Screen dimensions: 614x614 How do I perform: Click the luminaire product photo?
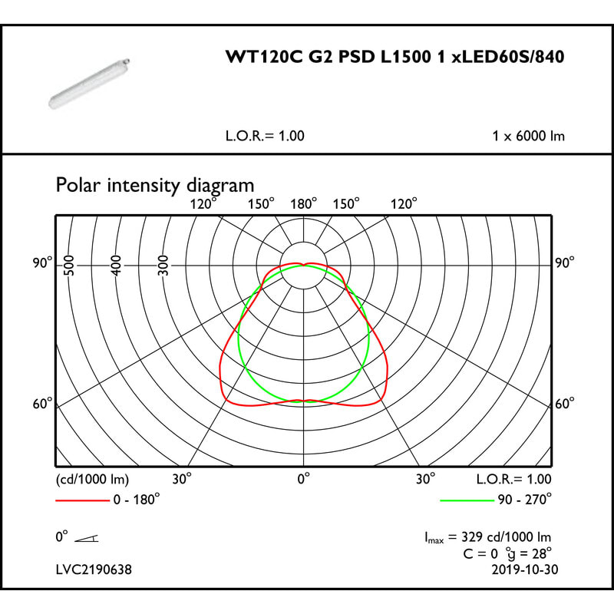[89, 83]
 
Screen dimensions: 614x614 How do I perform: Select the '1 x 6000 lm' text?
[528, 136]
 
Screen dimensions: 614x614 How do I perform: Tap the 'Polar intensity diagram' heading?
[155, 185]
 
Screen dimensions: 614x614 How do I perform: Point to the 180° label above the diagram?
[303, 204]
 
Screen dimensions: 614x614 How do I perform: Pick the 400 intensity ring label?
[117, 265]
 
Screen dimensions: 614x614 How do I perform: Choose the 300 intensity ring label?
[163, 265]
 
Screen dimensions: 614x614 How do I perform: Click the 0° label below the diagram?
[303, 478]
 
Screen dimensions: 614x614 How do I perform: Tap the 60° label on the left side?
[42, 404]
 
